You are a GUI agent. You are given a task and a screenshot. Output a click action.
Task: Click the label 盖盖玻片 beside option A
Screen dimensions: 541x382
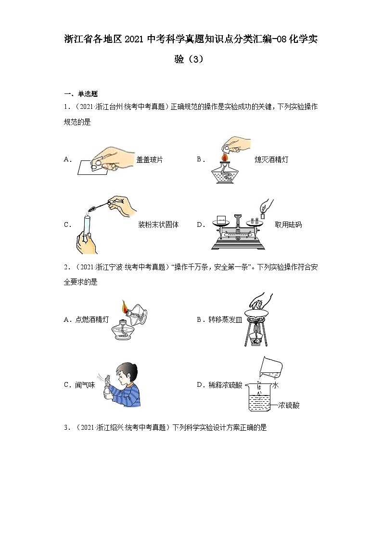pos(150,159)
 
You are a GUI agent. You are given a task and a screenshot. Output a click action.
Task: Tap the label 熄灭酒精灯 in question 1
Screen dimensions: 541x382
pos(271,159)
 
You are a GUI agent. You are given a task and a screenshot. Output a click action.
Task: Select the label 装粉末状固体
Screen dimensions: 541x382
pos(158,224)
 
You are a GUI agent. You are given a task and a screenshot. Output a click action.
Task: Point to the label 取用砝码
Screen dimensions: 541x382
pos(288,224)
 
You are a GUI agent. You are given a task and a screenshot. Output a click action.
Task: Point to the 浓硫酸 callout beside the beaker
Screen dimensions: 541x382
pos(289,406)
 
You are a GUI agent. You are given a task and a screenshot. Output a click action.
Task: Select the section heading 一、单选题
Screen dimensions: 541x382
pos(81,94)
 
